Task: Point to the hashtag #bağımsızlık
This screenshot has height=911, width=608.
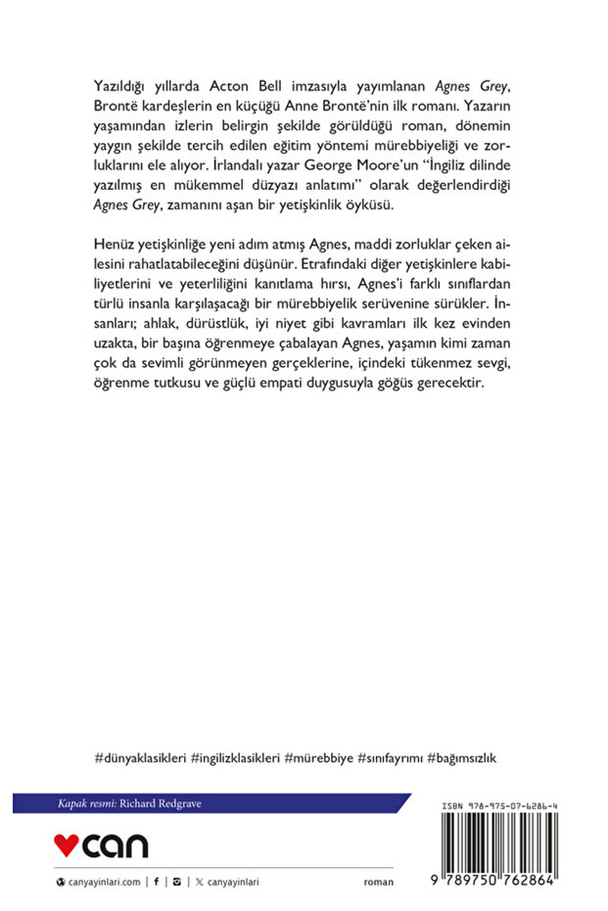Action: click(x=468, y=757)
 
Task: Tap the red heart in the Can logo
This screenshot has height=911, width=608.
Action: click(x=67, y=843)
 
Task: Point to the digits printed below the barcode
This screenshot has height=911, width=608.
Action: click(x=492, y=882)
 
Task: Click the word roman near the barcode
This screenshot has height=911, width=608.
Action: click(x=378, y=882)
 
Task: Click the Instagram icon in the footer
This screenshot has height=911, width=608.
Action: click(x=175, y=882)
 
